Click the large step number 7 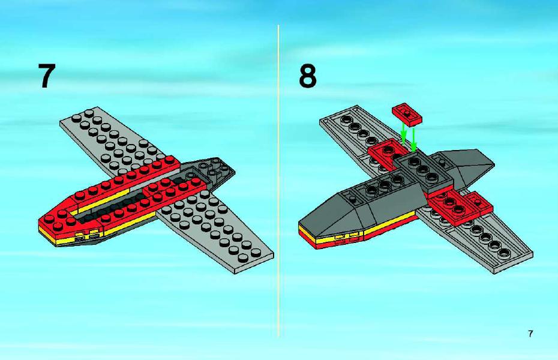(x=47, y=76)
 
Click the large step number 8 (x=307, y=76)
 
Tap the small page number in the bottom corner (x=530, y=334)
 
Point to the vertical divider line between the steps (x=278, y=181)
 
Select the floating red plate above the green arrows (x=407, y=114)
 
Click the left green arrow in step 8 (x=403, y=133)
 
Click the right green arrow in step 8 (x=413, y=139)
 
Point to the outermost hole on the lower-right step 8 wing (x=505, y=254)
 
